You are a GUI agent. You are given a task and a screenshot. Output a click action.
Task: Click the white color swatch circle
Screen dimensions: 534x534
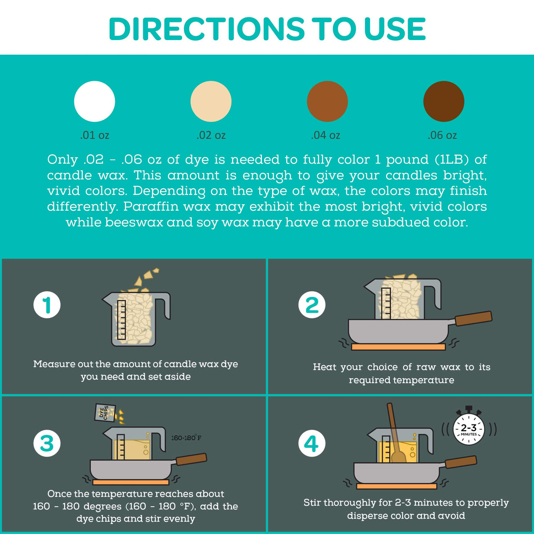click(x=95, y=102)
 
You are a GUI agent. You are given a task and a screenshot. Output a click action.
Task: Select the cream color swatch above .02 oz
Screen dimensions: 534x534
click(x=211, y=102)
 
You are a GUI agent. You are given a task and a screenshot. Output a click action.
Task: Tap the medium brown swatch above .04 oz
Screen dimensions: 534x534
click(x=327, y=102)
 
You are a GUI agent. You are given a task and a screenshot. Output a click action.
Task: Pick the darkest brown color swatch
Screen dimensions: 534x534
click(x=444, y=102)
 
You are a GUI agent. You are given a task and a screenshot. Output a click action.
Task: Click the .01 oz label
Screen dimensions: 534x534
click(x=95, y=135)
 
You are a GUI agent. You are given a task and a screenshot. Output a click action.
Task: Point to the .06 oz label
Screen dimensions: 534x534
click(x=442, y=135)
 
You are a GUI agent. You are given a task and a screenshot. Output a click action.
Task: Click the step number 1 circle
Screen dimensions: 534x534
click(x=47, y=305)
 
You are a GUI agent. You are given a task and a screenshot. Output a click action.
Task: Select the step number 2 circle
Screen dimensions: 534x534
click(x=312, y=305)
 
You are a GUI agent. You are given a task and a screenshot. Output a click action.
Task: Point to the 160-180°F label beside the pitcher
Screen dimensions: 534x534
click(x=186, y=438)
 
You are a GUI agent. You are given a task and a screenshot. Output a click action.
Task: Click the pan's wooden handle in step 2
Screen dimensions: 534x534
click(x=474, y=318)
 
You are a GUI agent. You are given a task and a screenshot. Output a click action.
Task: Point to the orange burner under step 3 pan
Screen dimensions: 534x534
click(x=131, y=483)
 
